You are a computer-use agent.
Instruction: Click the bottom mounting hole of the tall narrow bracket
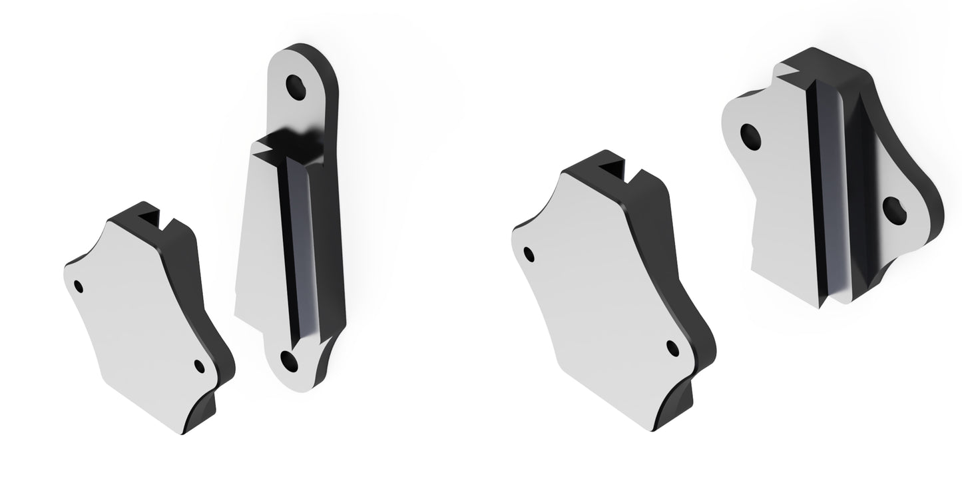pyautogui.click(x=290, y=360)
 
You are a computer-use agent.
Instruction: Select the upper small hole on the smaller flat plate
pyautogui.click(x=79, y=286)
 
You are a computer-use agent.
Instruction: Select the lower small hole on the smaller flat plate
pyautogui.click(x=199, y=365)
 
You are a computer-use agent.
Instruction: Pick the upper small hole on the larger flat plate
pyautogui.click(x=530, y=254)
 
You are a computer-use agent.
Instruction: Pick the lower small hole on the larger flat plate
pyautogui.click(x=673, y=348)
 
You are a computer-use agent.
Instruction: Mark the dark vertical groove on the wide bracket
pyautogui.click(x=820, y=193)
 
